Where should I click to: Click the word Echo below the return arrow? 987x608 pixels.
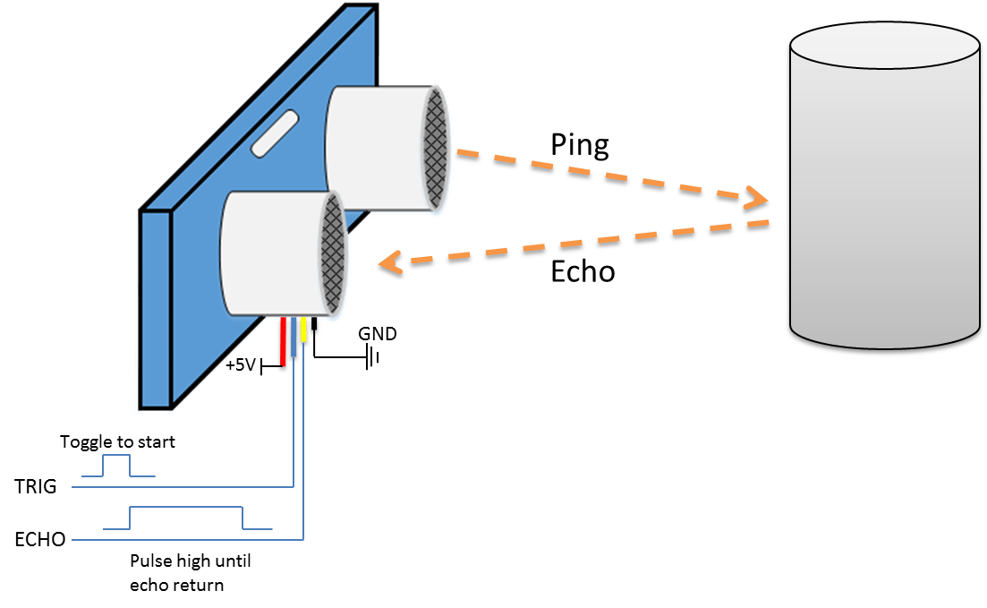583,271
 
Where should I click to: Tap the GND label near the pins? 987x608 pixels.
378,334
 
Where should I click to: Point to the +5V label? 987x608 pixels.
242,365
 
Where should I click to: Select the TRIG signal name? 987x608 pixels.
36,487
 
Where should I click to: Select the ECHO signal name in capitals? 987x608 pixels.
40,540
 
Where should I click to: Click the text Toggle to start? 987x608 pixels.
117,441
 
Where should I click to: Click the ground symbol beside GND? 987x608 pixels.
372,358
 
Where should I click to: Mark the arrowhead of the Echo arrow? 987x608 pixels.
388,264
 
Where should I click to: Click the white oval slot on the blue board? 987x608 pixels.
277,133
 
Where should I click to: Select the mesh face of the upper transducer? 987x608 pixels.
437,148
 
